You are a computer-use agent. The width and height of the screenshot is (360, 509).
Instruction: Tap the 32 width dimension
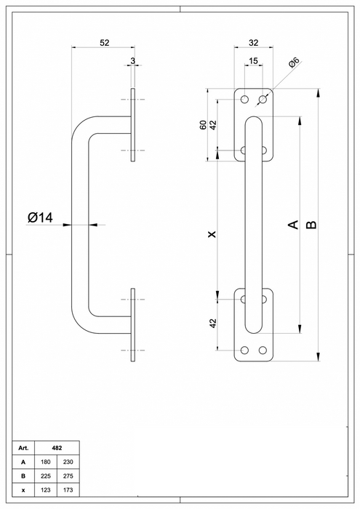[x=253, y=43]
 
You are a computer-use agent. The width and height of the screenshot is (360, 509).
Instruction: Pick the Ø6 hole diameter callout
[x=294, y=65]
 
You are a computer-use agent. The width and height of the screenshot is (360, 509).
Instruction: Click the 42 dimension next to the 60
[x=212, y=124]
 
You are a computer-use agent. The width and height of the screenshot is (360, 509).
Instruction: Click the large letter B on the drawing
[x=311, y=225]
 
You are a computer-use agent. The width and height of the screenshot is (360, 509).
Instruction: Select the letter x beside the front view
[x=212, y=234]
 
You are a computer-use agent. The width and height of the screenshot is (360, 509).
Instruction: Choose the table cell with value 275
[x=68, y=476]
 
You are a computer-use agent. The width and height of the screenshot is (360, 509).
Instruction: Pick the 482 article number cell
[x=57, y=448]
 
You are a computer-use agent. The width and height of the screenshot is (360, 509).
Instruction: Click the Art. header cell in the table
[x=23, y=448]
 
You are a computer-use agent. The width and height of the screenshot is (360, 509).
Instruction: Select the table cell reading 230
[x=68, y=462]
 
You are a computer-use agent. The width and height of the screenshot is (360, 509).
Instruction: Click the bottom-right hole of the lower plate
[x=262, y=350]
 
